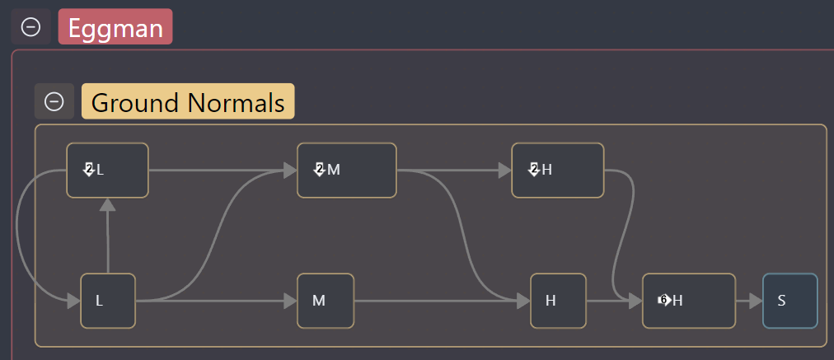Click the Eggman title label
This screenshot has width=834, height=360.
[x=115, y=26]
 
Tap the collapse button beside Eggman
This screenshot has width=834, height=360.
[x=30, y=26]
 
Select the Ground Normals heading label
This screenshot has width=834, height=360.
[x=188, y=101]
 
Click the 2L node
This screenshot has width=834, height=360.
[x=107, y=171]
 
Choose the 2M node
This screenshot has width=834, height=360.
[x=347, y=171]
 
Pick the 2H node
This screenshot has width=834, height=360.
[x=558, y=171]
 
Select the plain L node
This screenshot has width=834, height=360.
[x=107, y=301]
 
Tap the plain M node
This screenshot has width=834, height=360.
[x=326, y=301]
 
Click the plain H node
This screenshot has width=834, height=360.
[x=559, y=301]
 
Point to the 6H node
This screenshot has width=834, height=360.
[x=689, y=301]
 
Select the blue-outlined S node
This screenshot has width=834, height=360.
[x=789, y=301]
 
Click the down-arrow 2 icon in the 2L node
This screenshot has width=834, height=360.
[x=89, y=171]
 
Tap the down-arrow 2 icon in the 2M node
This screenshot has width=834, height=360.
[x=319, y=171]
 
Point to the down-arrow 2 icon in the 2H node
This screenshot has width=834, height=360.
[x=534, y=171]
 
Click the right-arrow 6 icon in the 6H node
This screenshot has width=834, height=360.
[x=664, y=301]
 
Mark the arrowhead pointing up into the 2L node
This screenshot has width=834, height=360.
[x=107, y=204]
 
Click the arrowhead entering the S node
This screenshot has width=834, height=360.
[x=757, y=301]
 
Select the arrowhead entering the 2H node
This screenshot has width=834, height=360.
[x=505, y=171]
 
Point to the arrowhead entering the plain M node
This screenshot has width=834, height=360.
[x=290, y=301]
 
